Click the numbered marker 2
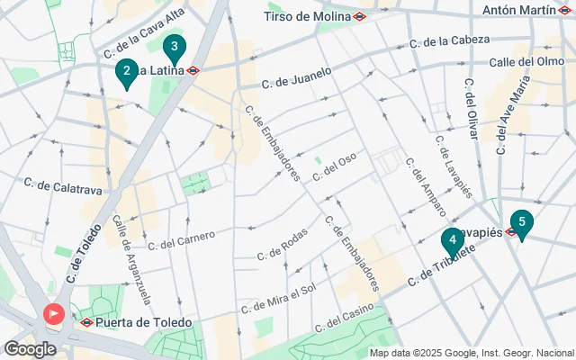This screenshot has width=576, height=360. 127,72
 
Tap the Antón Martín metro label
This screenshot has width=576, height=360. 519,10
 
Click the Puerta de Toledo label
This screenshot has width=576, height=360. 147,322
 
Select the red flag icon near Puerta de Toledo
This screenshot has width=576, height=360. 53,314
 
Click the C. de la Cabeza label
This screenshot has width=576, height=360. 449,41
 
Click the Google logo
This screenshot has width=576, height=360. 30,349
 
